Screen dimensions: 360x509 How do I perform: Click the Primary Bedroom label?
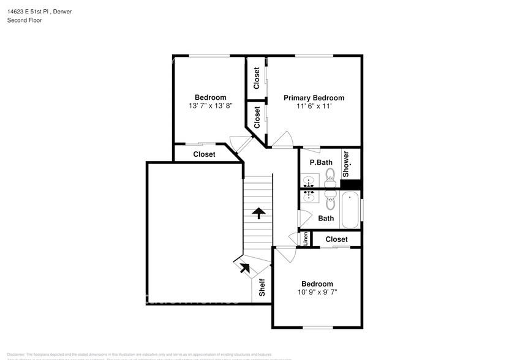point(314,98)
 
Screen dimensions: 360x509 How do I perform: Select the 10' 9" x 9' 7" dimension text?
point(317,292)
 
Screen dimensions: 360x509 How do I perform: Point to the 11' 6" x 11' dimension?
point(314,107)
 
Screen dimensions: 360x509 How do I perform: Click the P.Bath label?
point(320,163)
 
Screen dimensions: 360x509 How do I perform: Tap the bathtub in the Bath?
point(350,210)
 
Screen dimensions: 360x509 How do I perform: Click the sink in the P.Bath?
point(309,181)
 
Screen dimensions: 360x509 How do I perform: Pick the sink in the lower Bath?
point(309,197)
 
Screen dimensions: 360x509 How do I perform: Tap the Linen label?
point(305,239)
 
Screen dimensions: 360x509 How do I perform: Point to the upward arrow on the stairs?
point(258,213)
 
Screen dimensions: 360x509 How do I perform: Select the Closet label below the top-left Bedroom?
point(204,154)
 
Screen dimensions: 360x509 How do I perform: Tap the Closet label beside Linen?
point(336,239)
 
